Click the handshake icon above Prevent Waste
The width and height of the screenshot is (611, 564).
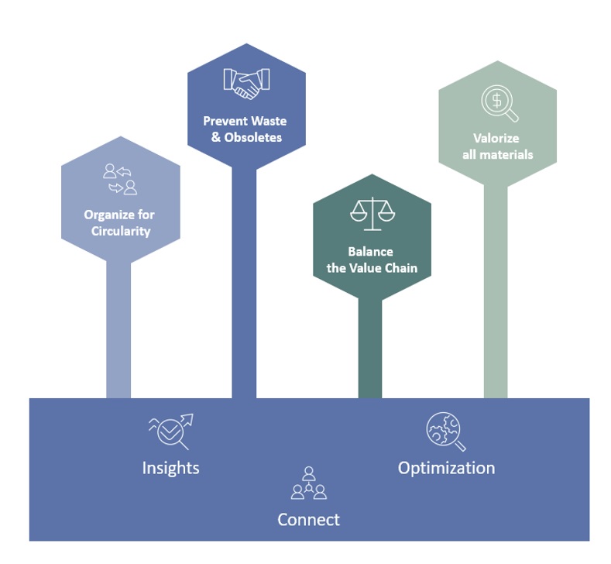tap(246, 84)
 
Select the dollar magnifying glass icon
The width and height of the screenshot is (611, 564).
tap(499, 104)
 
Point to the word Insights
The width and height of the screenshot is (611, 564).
tap(170, 468)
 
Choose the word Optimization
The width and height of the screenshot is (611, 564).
tap(446, 468)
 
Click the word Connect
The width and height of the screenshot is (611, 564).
tap(308, 519)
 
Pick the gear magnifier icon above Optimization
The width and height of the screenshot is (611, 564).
tap(446, 431)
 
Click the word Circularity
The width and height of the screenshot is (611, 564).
tap(121, 231)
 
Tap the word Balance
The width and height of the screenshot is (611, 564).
tap(370, 252)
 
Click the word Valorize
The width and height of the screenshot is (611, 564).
tap(496, 138)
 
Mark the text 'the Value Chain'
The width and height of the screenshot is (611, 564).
tap(372, 268)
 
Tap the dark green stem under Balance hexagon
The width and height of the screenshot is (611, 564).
tap(370, 349)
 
